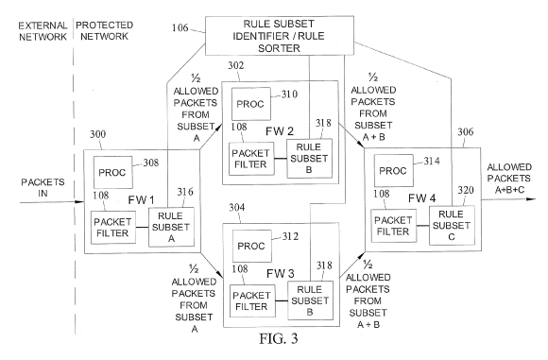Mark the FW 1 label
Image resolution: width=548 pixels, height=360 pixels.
(141, 200)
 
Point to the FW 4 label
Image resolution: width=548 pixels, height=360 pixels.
(421, 198)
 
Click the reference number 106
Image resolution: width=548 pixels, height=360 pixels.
(180, 27)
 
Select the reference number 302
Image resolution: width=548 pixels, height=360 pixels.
(236, 65)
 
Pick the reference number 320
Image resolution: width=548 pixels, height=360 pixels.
(466, 190)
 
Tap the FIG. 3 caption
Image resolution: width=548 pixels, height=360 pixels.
(279, 338)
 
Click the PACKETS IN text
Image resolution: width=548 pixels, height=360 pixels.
(43, 187)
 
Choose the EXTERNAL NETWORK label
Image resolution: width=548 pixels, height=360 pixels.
(43, 31)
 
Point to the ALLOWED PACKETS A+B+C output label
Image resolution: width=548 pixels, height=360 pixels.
(509, 179)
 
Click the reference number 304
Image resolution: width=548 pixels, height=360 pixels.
(237, 208)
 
